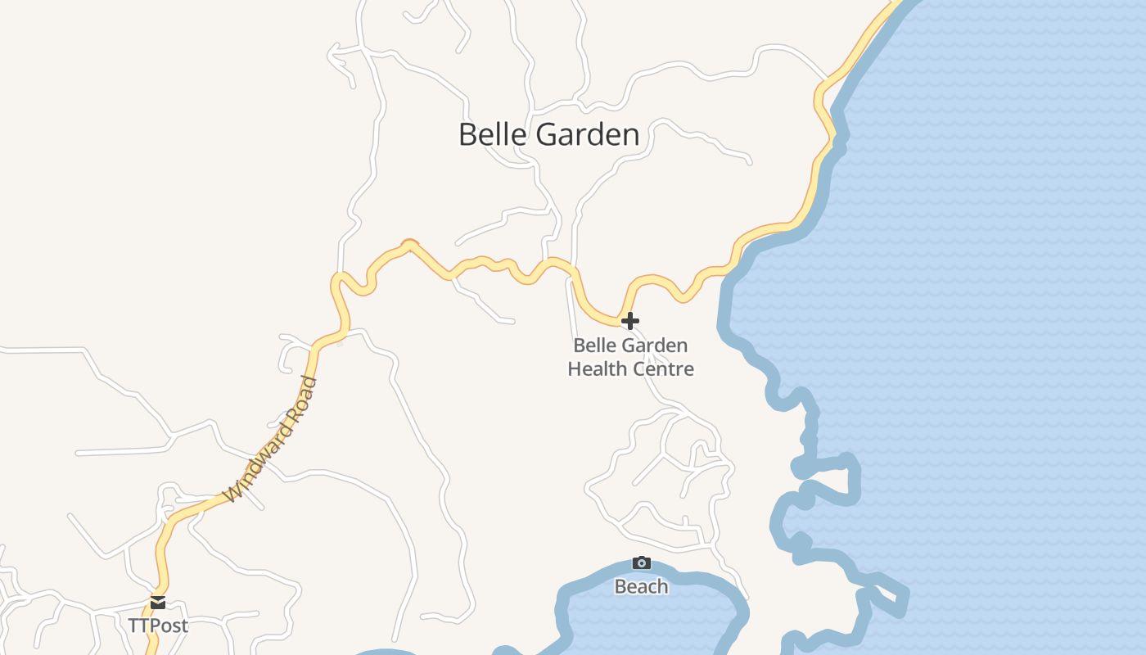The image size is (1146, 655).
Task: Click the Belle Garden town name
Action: coord(548,134)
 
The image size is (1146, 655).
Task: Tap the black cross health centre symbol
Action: coord(629,320)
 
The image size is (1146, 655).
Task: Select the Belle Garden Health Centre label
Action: coord(630,357)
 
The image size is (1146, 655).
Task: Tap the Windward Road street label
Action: coord(270,439)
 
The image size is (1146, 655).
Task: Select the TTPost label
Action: coord(158,626)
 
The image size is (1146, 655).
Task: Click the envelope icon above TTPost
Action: coord(158,603)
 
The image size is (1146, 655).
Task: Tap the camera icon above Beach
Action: coord(642,562)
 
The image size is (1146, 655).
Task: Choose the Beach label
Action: coord(641,586)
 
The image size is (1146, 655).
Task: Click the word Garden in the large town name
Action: coord(589,134)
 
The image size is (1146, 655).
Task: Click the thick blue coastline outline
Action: coord(724,311)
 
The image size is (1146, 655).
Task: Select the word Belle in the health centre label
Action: coord(590,346)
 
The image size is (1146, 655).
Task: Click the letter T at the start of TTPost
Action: coord(133,626)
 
